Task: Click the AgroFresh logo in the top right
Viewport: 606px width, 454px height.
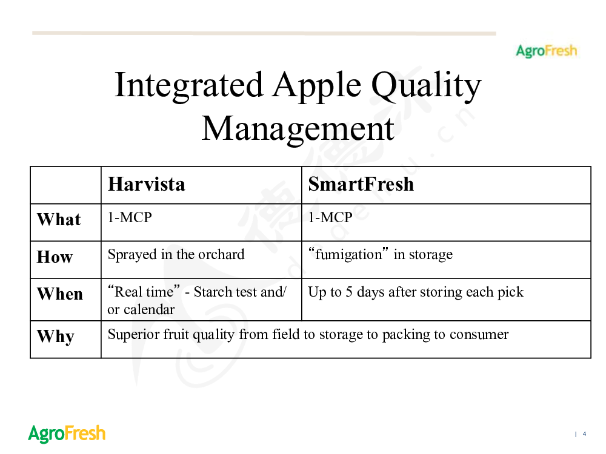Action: point(546,51)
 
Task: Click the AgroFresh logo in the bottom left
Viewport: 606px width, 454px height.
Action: point(67,433)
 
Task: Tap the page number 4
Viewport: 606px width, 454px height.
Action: point(584,434)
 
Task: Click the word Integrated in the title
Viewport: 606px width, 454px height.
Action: point(189,85)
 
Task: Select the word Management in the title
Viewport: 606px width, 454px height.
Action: point(298,129)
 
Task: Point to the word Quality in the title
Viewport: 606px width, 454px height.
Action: point(426,86)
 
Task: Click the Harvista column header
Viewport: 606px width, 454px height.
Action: point(147,184)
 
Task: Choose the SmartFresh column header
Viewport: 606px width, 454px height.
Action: point(361,184)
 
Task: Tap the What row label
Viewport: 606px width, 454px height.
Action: point(59,219)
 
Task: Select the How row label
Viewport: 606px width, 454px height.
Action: point(55,257)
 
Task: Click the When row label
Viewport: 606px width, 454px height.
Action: point(60,294)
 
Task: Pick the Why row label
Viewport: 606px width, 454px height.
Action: point(56,336)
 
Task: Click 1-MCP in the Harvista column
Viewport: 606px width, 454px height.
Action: point(130,217)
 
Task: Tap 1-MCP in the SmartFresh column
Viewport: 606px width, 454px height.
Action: point(330,217)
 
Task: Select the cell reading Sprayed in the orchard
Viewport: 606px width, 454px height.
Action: point(176,255)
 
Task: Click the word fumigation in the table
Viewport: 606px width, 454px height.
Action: point(348,255)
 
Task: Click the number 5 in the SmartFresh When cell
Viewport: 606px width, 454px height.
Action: point(349,292)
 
